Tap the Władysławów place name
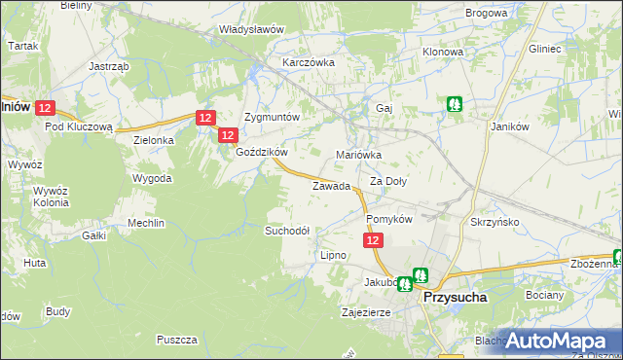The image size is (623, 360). (251, 29)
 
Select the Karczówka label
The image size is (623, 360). (308, 61)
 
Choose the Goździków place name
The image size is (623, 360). (261, 153)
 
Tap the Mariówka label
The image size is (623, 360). (358, 155)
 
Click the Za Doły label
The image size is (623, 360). (388, 181)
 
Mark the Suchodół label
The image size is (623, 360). (287, 231)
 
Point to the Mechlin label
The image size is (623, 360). (146, 223)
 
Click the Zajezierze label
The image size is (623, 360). (366, 313)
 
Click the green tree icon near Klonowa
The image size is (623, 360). (454, 103)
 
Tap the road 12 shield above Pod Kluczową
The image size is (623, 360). (51, 109)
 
